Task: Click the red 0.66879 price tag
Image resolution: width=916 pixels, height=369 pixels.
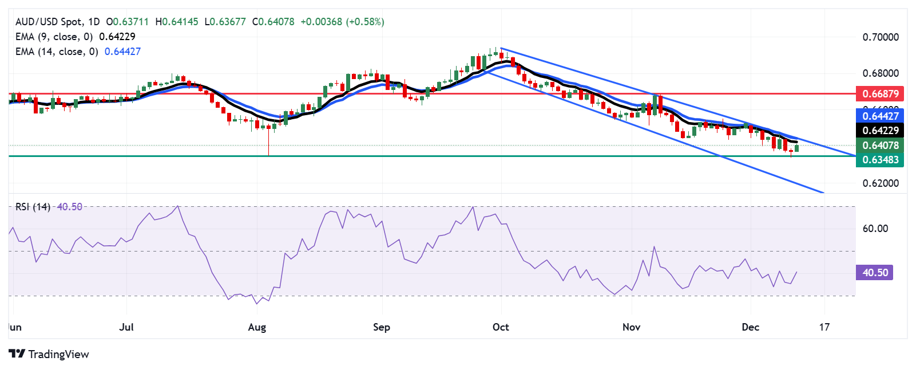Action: [x=879, y=93]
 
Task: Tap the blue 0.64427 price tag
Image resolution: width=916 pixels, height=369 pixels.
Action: [x=879, y=116]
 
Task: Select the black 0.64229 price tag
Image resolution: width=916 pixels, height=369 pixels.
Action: [x=879, y=130]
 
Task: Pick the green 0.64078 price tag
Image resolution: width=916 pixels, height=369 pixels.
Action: [x=879, y=146]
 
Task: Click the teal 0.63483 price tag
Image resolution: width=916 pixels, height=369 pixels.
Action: [x=879, y=160]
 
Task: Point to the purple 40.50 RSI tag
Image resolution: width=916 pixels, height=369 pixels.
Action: [x=874, y=272]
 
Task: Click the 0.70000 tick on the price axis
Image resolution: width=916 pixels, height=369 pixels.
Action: [x=881, y=37]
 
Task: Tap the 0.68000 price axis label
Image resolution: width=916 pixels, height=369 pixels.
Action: [x=881, y=73]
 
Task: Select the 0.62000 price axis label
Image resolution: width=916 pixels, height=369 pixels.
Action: [x=881, y=183]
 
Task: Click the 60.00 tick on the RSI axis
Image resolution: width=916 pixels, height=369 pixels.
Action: [x=875, y=229]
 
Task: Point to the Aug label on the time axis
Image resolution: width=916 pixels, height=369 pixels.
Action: [x=257, y=327]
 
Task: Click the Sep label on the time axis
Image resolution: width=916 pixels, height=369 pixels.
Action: [x=382, y=327]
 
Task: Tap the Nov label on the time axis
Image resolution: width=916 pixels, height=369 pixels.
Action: [x=631, y=327]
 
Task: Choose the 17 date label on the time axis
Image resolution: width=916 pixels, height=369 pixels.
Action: [x=824, y=327]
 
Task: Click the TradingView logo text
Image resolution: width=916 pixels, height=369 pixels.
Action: [x=58, y=354]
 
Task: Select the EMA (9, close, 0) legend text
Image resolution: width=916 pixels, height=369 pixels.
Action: [x=54, y=37]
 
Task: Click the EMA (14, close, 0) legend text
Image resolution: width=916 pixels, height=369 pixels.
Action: [x=57, y=52]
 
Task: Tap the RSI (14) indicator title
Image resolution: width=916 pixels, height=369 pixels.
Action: [x=33, y=207]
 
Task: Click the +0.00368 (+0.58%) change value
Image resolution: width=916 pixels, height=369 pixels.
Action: [x=342, y=22]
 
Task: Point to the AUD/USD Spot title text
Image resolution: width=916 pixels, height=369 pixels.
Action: [x=49, y=22]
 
